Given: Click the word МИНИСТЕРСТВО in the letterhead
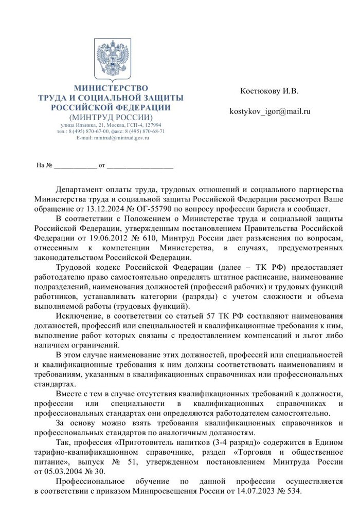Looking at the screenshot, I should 111,88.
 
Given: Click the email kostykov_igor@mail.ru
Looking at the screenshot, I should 270,110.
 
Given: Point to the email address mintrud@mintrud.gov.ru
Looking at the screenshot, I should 121,138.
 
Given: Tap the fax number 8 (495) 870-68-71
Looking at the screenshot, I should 147,131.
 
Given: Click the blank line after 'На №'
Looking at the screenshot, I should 75,166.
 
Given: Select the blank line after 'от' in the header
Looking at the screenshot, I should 140,166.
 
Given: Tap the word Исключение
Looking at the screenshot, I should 78,315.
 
